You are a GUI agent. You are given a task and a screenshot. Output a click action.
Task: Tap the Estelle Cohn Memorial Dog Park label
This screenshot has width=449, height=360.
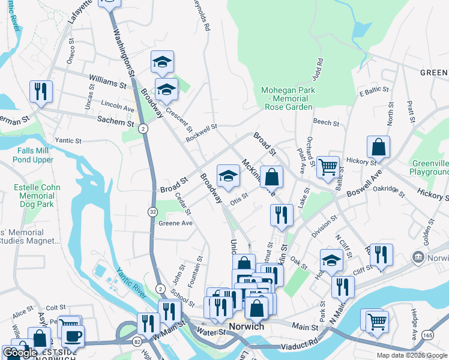[x=37, y=196]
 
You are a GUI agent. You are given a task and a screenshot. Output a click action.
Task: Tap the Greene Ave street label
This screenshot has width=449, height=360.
[x=175, y=223]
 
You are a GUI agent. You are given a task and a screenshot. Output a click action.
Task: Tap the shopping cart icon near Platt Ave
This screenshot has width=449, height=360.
[x=327, y=166]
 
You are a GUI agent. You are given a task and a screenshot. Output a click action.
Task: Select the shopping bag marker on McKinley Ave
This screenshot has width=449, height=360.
[x=272, y=176]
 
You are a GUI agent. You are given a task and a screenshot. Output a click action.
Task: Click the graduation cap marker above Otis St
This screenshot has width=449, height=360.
[x=228, y=175]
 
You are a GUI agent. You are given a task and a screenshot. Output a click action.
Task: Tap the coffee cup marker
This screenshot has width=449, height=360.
[x=73, y=335]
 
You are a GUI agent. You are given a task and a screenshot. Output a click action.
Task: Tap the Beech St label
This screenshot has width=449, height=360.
[x=327, y=122]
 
